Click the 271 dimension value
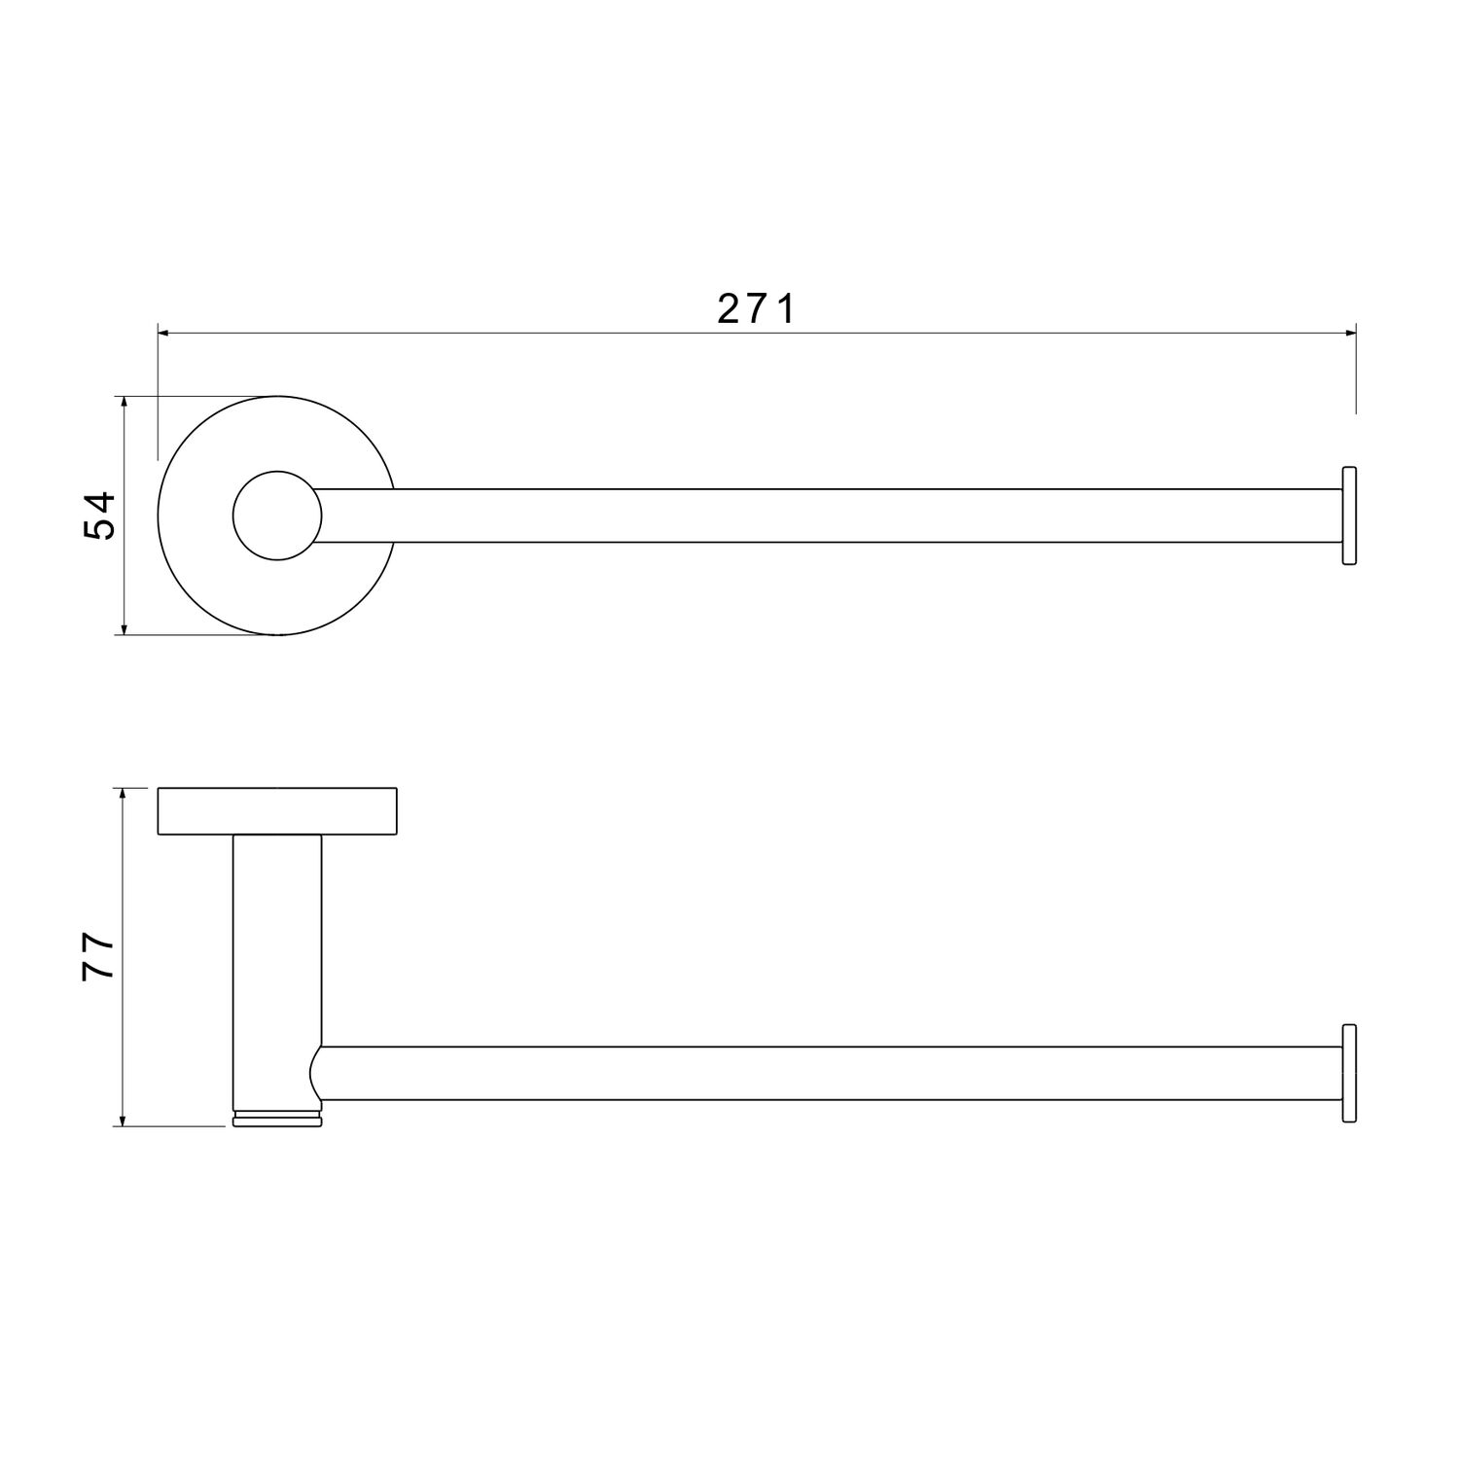tap(757, 308)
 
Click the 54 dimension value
tap(99, 516)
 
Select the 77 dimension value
tap(99, 958)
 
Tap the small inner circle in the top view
tap(277, 516)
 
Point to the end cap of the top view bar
tap(1349, 516)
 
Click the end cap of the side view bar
tap(1349, 1073)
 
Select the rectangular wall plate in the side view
tap(277, 811)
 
